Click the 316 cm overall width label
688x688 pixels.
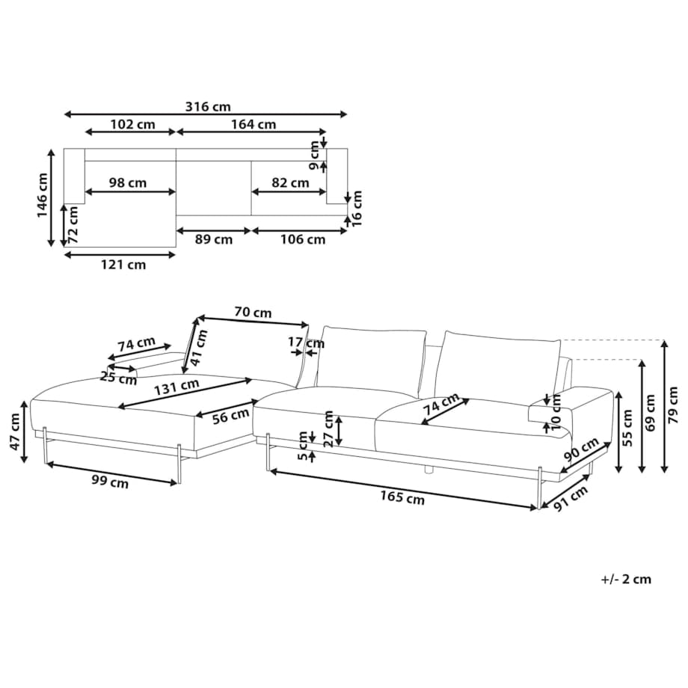tap(208, 107)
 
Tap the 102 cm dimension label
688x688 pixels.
tap(132, 125)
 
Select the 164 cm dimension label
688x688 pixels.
tap(254, 125)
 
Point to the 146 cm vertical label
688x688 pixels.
tap(42, 195)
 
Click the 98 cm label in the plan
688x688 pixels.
tap(128, 182)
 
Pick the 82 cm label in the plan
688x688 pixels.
tap(290, 182)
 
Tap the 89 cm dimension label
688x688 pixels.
tap(214, 239)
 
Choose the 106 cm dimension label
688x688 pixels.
tap(303, 239)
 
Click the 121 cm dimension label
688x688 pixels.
tap(123, 265)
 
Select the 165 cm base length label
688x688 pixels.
tap(402, 497)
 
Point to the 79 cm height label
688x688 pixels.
tap(672, 405)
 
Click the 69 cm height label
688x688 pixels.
tap(650, 413)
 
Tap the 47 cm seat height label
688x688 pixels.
tap(15, 431)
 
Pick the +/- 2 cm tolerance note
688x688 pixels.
tap(626, 579)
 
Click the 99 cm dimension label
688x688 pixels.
tap(110, 482)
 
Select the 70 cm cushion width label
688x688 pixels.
tap(253, 313)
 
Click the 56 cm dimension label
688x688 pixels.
tap(231, 417)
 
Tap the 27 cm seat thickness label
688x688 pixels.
tap(328, 429)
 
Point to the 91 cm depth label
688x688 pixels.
tap(571, 499)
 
